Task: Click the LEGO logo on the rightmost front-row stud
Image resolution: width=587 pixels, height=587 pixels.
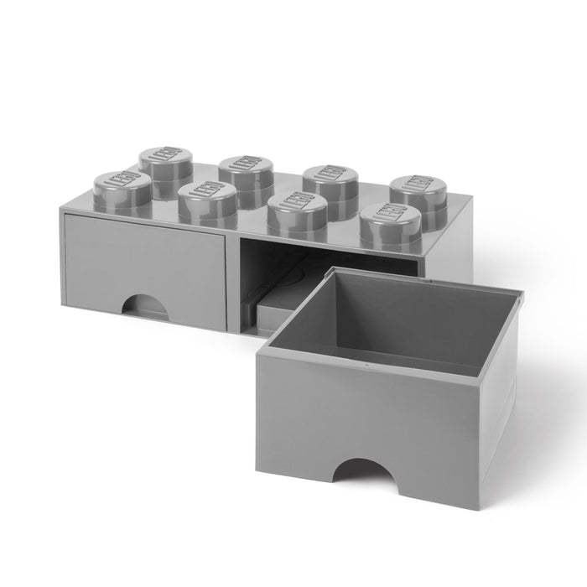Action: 390,216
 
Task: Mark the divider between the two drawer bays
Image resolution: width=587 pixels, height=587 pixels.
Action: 233,281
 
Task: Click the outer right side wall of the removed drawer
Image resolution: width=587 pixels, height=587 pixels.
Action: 500,403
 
